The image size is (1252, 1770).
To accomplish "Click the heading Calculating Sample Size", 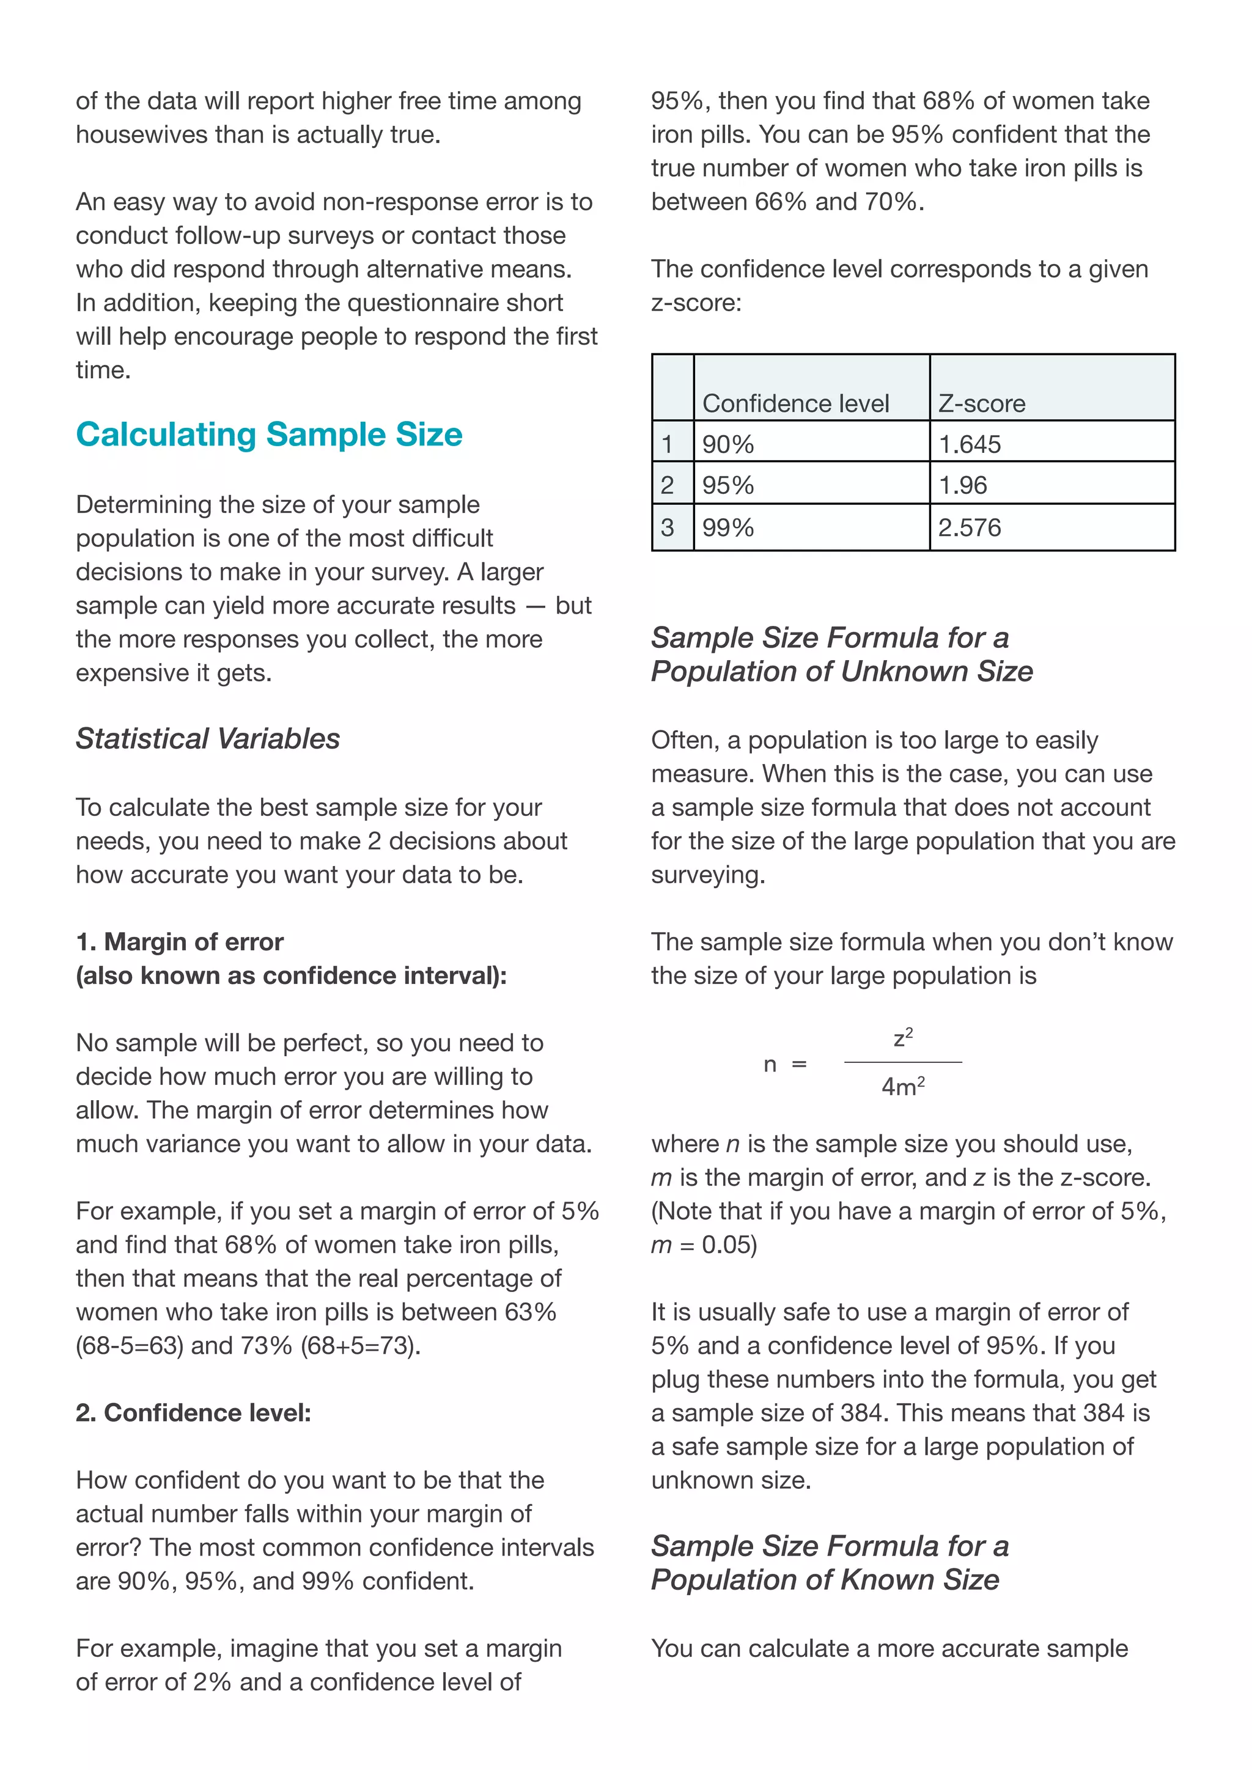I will click(x=269, y=435).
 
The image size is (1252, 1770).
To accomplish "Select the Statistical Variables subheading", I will click(x=207, y=738).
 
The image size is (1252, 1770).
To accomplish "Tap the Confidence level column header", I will click(x=795, y=403).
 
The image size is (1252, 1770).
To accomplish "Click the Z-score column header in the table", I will click(x=981, y=403).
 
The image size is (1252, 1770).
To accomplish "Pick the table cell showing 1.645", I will click(x=969, y=445).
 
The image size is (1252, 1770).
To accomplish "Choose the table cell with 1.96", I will click(x=962, y=486).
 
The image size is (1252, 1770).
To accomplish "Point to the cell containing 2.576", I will click(x=969, y=528).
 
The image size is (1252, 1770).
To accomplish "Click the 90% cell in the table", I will click(x=727, y=445).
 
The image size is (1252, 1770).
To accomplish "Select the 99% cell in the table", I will click(x=727, y=528).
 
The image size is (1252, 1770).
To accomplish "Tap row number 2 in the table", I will click(x=668, y=486).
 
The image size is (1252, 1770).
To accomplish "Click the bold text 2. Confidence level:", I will click(x=194, y=1412).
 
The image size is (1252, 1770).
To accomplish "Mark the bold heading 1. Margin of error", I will click(x=180, y=942).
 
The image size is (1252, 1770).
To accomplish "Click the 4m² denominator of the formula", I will click(x=903, y=1087).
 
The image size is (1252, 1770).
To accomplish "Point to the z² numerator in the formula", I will click(x=903, y=1038).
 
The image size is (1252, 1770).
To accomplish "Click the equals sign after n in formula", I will click(x=800, y=1065).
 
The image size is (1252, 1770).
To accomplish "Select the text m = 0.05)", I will click(x=704, y=1245).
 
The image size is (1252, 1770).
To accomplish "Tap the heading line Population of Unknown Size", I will click(x=842, y=672).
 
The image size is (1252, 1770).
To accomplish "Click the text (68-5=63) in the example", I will click(x=130, y=1346).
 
